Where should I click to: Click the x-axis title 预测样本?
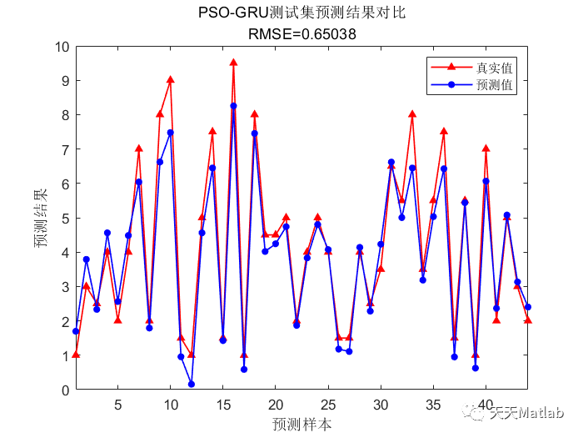301,425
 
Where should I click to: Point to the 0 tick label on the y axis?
63,390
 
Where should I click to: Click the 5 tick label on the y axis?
63,218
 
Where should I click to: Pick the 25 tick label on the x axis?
328,405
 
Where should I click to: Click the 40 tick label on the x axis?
486,405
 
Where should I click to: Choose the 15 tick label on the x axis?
223,405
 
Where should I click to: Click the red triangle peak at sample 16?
233,63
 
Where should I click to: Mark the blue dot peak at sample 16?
233,106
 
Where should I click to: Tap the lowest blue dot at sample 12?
192,384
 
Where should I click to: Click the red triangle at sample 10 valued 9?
171,80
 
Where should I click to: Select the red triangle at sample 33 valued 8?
412,114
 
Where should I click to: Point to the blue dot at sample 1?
76,331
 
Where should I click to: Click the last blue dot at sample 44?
528,307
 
